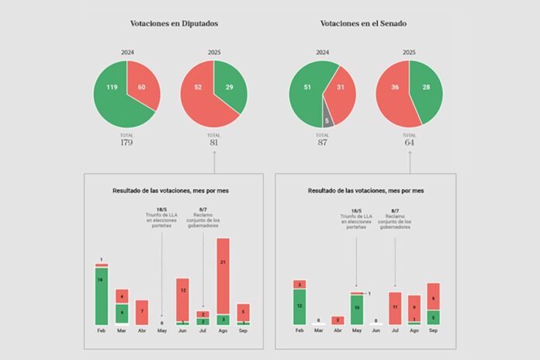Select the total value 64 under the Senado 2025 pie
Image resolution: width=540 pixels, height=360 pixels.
[x=409, y=143]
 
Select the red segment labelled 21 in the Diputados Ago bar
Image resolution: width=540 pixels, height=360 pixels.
[x=223, y=264]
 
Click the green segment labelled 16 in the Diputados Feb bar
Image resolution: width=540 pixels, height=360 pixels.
[x=102, y=295]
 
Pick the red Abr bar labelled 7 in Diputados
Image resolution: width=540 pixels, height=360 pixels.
[x=142, y=312]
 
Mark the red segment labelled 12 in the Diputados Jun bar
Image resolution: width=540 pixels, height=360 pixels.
[x=182, y=291]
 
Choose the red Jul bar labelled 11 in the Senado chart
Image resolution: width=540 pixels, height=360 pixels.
[x=395, y=307]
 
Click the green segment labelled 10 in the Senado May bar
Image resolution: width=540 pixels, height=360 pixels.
[x=356, y=309]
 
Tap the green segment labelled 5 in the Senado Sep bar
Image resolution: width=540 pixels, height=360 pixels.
[x=433, y=317]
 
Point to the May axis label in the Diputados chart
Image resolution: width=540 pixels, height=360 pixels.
[x=162, y=330]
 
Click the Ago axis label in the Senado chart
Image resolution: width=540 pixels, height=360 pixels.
[x=414, y=330]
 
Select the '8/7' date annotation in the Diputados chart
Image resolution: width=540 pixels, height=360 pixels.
[x=203, y=209]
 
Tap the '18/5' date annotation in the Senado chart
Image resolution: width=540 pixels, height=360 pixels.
[x=356, y=209]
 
